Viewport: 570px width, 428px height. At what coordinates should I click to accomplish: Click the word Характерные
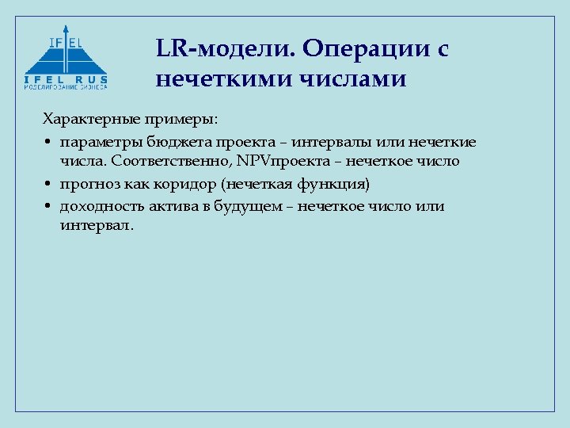[x=90, y=120]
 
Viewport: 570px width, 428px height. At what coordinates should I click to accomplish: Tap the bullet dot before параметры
[x=48, y=143]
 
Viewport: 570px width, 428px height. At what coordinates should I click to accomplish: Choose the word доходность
[x=97, y=206]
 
